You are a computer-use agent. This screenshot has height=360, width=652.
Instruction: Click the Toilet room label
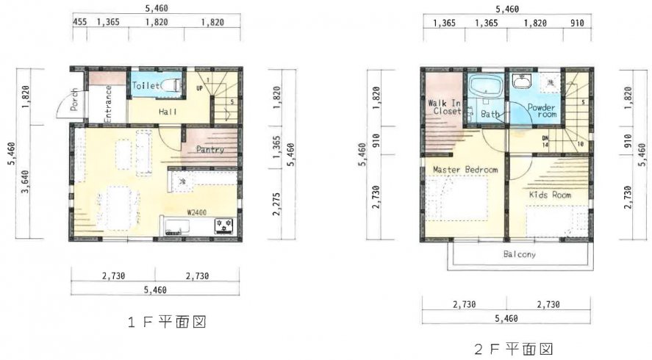(x=146, y=86)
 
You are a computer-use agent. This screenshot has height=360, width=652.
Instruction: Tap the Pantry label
(x=210, y=150)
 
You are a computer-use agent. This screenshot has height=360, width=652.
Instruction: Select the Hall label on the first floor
(x=168, y=112)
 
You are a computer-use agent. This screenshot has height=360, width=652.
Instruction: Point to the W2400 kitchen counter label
(x=197, y=212)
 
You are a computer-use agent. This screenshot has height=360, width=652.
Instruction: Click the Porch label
(x=74, y=99)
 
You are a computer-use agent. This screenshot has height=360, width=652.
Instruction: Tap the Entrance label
(x=108, y=104)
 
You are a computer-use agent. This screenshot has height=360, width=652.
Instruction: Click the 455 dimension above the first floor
(x=80, y=21)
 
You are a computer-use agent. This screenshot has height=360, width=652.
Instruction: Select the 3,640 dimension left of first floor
(x=25, y=182)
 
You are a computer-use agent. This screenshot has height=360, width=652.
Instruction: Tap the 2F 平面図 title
(x=514, y=349)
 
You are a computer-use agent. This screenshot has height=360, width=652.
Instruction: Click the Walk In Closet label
(x=445, y=107)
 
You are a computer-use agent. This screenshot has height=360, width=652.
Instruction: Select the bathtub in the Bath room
(x=484, y=86)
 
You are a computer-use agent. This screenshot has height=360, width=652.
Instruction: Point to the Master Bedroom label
(x=465, y=170)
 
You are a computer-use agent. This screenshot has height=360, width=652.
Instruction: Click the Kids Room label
(x=550, y=195)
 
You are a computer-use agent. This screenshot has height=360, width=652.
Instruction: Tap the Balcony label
(x=520, y=254)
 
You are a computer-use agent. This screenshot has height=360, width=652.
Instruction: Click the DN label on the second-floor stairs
(x=545, y=138)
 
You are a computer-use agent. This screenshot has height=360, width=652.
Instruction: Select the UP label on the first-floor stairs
(x=200, y=88)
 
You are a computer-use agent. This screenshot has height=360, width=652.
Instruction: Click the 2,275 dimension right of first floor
(x=277, y=204)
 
